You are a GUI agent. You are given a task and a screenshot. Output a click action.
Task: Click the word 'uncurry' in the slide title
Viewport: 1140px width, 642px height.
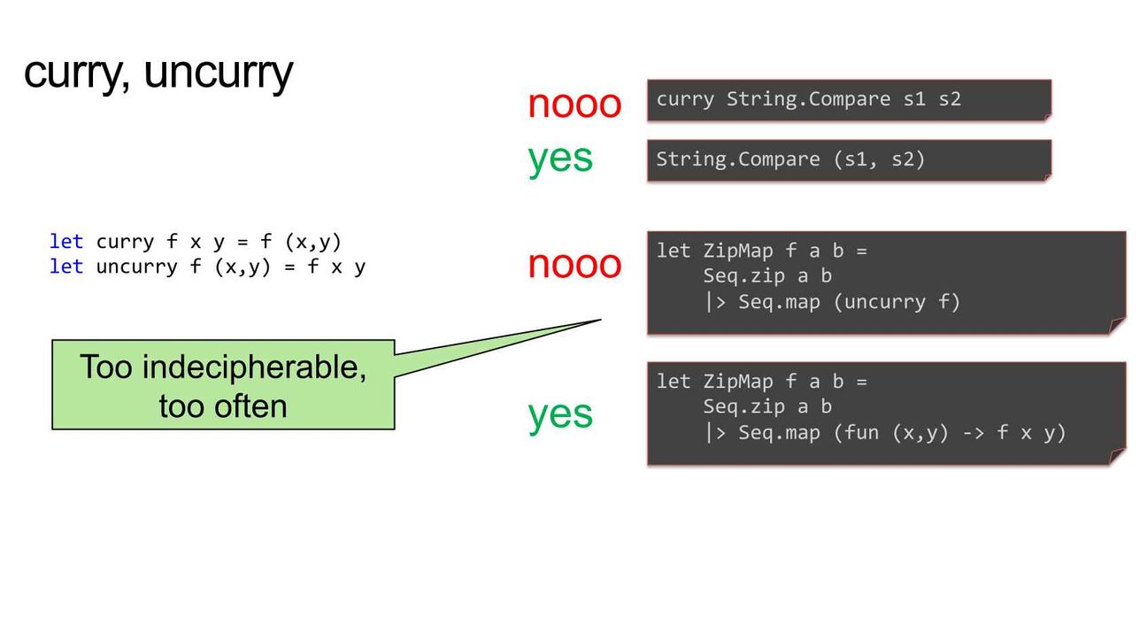pos(219,73)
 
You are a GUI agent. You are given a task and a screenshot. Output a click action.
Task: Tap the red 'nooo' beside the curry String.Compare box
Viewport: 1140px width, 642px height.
pos(574,104)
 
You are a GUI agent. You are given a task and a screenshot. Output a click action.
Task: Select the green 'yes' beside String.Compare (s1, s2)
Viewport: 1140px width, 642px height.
pos(560,159)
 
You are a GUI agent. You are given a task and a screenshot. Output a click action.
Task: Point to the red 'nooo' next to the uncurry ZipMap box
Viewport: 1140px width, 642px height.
pos(574,265)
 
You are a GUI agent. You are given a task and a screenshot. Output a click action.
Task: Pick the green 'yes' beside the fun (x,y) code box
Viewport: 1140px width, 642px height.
pos(560,415)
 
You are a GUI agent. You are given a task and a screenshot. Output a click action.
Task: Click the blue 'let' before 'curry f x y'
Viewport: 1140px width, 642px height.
pos(66,242)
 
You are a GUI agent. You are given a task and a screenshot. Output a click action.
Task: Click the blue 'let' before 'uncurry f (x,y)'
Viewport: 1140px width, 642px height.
pos(66,267)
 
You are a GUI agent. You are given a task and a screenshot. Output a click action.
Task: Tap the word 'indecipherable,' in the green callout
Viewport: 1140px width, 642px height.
pos(254,367)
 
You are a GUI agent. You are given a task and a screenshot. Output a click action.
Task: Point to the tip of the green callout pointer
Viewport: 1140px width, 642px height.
pos(601,320)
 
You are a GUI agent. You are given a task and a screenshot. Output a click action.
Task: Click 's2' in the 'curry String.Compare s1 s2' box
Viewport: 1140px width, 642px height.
pos(950,99)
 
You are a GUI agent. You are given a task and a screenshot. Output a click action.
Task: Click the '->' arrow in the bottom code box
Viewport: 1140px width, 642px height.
pos(974,433)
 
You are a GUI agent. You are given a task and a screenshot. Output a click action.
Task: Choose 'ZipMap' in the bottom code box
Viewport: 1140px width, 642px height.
pos(738,382)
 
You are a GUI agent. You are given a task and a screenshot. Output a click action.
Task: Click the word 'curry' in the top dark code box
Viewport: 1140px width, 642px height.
pos(685,100)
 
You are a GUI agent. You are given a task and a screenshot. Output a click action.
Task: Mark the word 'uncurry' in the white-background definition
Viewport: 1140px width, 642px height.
pos(136,267)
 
